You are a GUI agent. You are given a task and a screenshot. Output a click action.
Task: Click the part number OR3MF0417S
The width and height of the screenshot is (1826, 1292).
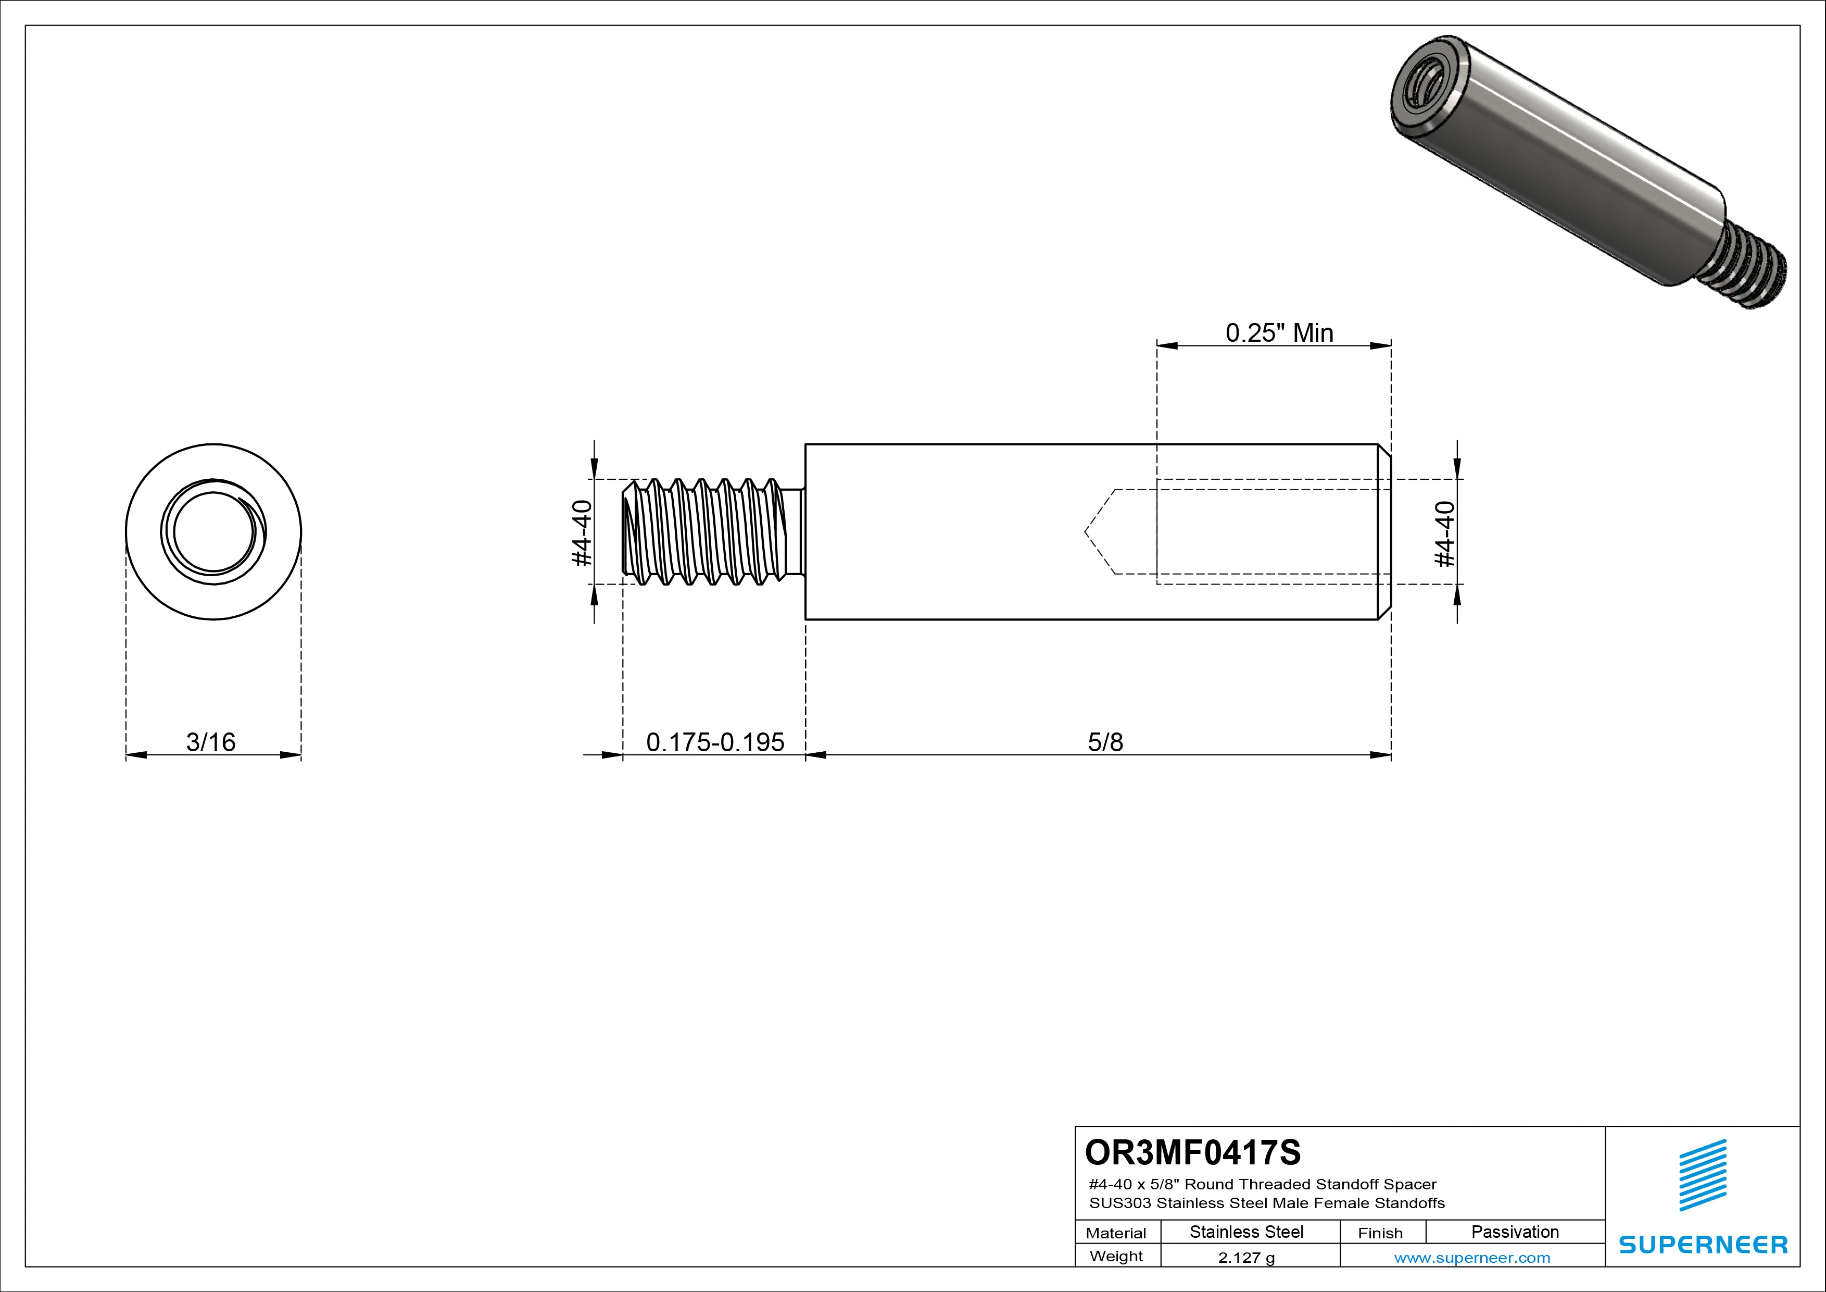pos(1192,1152)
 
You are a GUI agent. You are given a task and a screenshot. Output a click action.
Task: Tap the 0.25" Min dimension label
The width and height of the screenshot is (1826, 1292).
pos(1279,332)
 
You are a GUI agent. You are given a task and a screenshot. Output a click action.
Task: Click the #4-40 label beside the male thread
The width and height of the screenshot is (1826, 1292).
pos(582,532)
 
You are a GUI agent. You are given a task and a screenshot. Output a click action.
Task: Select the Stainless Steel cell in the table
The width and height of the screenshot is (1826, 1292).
pos(1245,1232)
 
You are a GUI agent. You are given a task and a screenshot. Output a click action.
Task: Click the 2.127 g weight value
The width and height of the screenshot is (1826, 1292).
pos(1245,1258)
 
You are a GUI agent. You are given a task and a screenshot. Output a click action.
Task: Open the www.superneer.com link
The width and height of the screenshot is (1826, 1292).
pos(1471,1258)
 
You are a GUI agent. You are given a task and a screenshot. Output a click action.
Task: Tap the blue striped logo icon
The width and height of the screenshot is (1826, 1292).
pos(1702,1175)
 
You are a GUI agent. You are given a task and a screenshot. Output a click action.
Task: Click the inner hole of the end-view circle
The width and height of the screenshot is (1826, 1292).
pos(212,531)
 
